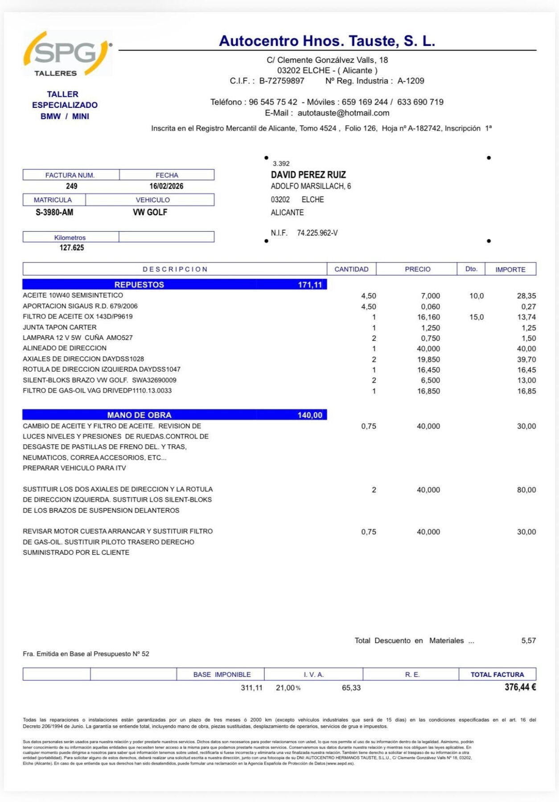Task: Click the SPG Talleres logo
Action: pyautogui.click(x=67, y=54)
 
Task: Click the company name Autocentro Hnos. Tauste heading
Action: pyautogui.click(x=327, y=41)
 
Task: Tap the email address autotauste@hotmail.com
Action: pyautogui.click(x=343, y=113)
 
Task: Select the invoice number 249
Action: pyautogui.click(x=71, y=186)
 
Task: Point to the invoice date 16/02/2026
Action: pyautogui.click(x=166, y=186)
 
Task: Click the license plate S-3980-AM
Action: pyautogui.click(x=54, y=213)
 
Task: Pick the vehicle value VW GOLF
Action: pyautogui.click(x=150, y=213)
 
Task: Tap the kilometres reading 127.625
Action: pyautogui.click(x=72, y=248)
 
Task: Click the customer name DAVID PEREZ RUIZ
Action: pyautogui.click(x=308, y=175)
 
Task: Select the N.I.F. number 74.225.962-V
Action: pyautogui.click(x=317, y=233)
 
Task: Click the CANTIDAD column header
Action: pyautogui.click(x=351, y=270)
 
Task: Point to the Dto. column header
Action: pyautogui.click(x=471, y=269)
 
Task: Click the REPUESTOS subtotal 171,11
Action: pyautogui.click(x=310, y=285)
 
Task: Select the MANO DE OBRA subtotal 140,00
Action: pyautogui.click(x=310, y=415)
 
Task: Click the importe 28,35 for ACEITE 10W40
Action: pyautogui.click(x=526, y=296)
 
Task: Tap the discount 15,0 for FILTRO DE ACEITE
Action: pyautogui.click(x=477, y=317)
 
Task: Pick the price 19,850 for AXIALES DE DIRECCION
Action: pyautogui.click(x=428, y=360)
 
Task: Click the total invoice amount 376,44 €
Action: pyautogui.click(x=520, y=687)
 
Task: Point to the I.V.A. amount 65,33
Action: pyautogui.click(x=351, y=688)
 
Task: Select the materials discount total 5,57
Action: pyautogui.click(x=528, y=641)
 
